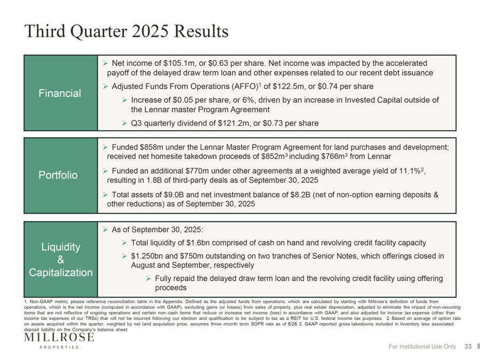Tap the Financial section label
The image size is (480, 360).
pyautogui.click(x=60, y=93)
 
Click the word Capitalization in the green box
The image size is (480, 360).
pyautogui.click(x=60, y=273)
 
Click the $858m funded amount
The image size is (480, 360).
pyautogui.click(x=152, y=147)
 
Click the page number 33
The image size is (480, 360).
pyautogui.click(x=468, y=347)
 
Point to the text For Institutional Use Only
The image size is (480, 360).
pyautogui.click(x=421, y=347)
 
